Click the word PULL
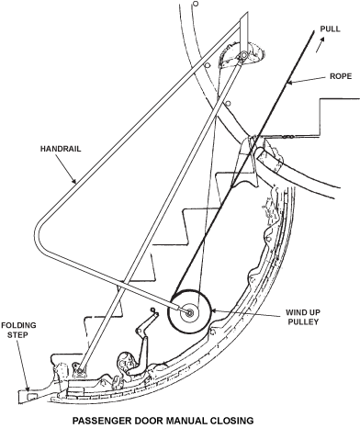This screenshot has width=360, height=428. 330,29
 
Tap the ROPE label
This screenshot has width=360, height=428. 341,76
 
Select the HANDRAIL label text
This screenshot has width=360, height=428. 61,149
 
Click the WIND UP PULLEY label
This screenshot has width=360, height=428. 303,317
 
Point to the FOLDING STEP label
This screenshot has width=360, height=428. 18,330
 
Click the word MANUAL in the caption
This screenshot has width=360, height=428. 176,420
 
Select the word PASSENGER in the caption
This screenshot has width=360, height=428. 99,420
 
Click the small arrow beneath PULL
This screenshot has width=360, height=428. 320,44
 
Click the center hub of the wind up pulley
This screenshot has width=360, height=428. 189,312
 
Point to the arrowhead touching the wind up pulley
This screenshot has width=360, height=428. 214,311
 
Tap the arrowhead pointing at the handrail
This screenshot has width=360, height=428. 73,180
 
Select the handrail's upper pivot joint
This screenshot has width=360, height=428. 243,56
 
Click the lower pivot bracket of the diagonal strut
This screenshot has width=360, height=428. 79,371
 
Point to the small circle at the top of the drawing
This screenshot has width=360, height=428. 196,4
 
